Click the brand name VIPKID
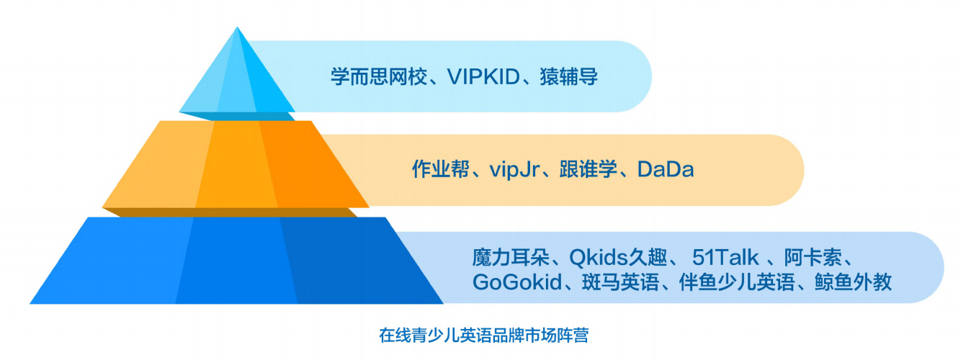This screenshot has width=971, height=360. coord(483,77)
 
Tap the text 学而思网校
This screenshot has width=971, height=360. coord(379,77)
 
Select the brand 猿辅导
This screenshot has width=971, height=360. coord(569,77)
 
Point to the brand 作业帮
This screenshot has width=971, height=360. coord(440,169)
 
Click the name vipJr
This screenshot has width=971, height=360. coord(514,170)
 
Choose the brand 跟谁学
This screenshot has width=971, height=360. coord(589,169)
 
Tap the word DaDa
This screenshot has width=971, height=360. coord(666,169)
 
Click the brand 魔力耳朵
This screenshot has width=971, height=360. coord(511,257)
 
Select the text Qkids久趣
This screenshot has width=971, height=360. coord(618,257)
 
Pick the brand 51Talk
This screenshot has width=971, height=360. coord(725,257)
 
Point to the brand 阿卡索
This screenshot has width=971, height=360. coord(813,257)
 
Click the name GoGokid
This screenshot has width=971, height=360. coord(517,282)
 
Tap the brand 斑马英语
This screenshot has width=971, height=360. coord(620,282)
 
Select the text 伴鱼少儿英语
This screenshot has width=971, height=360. coord(737,282)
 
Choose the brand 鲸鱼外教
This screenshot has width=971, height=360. coord(853,282)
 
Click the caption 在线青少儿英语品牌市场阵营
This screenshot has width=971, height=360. coord(484,336)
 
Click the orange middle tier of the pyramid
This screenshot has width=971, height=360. coord(236,167)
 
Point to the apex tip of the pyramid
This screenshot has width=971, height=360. coord(237,27)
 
